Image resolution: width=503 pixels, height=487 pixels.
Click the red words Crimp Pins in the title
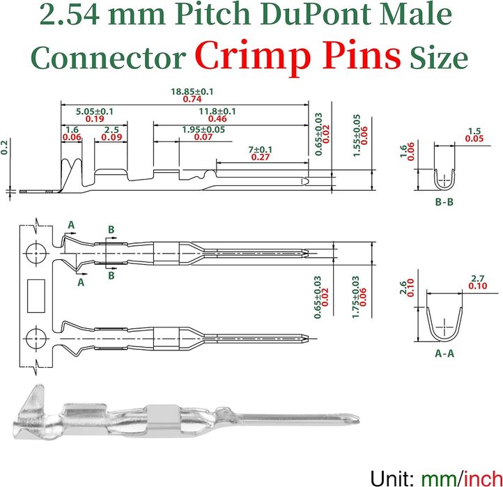tap(297, 56)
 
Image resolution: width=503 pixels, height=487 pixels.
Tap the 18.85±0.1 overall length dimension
tap(192, 92)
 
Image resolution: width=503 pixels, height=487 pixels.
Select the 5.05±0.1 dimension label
tap(95, 111)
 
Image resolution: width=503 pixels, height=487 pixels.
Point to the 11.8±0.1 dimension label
tap(217, 111)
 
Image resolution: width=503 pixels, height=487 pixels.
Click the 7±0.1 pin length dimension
tap(260, 150)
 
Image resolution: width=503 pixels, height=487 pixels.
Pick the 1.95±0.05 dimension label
tap(203, 130)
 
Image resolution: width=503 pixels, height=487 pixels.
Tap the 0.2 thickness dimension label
tap(4, 147)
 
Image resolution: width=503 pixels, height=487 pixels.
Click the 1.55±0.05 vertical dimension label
tap(357, 135)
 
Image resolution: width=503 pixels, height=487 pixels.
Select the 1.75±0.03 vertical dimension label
tap(355, 297)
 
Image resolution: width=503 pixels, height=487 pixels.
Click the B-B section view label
tap(444, 202)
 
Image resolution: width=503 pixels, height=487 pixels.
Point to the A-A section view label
tap(444, 353)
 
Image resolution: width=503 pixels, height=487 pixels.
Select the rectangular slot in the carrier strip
tap(36, 296)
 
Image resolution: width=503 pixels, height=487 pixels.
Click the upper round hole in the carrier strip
tap(36, 254)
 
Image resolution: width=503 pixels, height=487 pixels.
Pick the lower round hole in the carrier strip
tap(36, 339)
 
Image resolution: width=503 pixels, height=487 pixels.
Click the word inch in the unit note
tap(483, 479)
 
